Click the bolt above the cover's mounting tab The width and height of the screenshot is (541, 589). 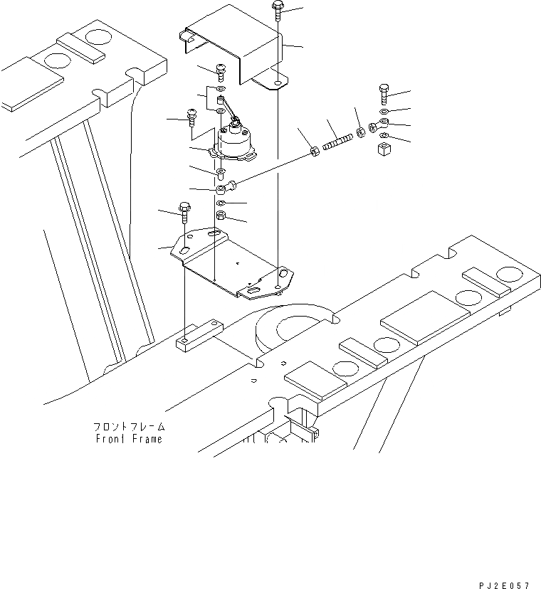click(x=277, y=13)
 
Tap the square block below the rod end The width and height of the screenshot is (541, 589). click(x=387, y=149)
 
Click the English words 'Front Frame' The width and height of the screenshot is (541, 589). click(x=129, y=439)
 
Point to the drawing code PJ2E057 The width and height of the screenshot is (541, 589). click(x=504, y=584)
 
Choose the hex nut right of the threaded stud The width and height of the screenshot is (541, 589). click(x=360, y=132)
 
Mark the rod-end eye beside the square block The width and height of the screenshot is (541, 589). click(x=375, y=127)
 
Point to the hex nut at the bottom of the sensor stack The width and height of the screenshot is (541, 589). click(x=221, y=215)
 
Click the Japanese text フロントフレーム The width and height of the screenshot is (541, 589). click(x=129, y=427)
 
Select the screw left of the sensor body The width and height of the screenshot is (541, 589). click(x=191, y=115)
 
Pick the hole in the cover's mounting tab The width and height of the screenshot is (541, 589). click(x=276, y=83)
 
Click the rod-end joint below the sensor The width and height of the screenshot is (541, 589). click(x=224, y=189)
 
